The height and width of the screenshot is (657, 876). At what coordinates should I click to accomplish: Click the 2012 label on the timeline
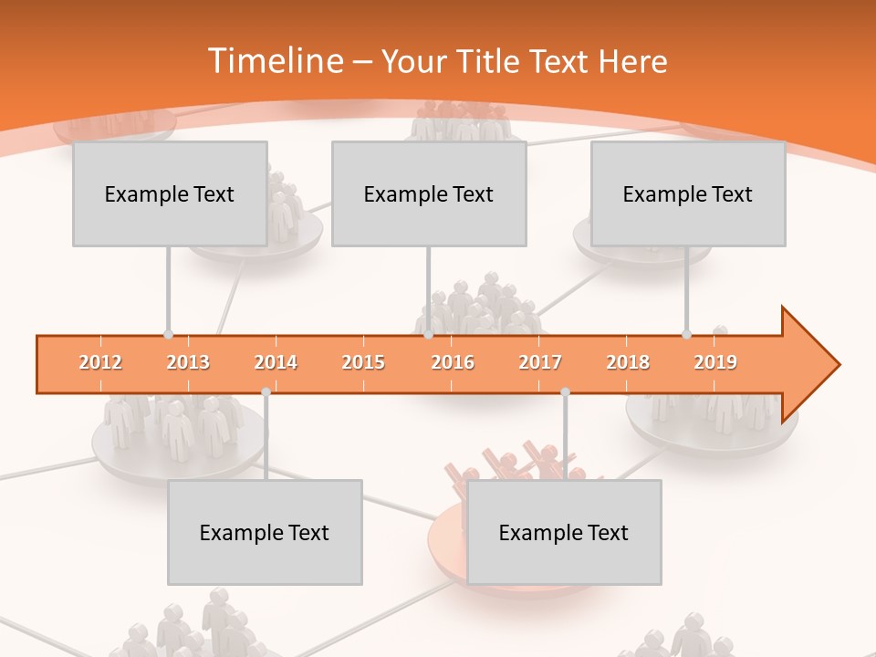click(100, 363)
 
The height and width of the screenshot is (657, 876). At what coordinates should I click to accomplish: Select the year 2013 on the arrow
click(188, 363)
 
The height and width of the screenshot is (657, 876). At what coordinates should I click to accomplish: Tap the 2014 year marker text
click(276, 363)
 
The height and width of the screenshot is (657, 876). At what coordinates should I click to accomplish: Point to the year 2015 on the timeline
click(363, 363)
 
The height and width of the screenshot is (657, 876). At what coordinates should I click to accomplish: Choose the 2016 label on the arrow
click(453, 363)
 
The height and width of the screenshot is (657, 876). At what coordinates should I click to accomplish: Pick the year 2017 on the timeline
click(540, 363)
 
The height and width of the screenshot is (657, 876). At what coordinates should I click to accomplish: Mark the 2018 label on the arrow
click(628, 363)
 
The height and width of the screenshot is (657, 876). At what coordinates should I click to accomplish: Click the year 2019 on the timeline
click(715, 363)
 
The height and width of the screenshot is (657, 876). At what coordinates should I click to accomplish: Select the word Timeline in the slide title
click(275, 61)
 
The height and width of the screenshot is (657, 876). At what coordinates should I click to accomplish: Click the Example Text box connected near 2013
click(170, 193)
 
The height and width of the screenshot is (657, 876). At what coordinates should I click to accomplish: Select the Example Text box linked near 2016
click(429, 193)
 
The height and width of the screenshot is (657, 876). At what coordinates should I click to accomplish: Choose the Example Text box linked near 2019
click(688, 193)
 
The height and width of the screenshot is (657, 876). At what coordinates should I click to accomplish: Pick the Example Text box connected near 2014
click(265, 532)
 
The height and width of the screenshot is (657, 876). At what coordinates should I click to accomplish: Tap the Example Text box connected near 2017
click(564, 532)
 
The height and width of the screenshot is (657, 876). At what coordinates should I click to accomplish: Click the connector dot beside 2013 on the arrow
click(168, 335)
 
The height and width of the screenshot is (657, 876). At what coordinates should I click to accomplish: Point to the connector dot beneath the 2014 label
click(266, 391)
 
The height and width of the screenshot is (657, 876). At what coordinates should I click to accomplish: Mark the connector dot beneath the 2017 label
click(565, 391)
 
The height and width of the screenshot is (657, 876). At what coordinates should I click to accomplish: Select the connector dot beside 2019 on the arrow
click(686, 335)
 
